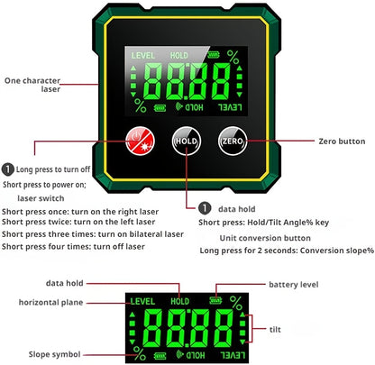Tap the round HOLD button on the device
[187, 141]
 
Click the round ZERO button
[233, 141]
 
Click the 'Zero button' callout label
[342, 141]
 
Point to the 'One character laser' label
[32, 85]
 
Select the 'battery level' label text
[294, 285]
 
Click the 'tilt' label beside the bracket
[275, 329]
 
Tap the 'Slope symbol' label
[54, 354]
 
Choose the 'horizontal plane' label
[50, 302]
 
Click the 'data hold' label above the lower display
[64, 283]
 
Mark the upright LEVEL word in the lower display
[142, 301]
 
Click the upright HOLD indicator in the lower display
[180, 301]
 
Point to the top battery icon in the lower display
[215, 300]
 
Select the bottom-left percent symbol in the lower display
[140, 353]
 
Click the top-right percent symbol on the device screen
[233, 57]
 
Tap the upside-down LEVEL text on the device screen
[230, 107]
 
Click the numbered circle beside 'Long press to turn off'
[8, 169]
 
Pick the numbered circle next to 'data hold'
[205, 208]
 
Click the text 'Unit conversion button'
[265, 238]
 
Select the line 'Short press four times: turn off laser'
[73, 247]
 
